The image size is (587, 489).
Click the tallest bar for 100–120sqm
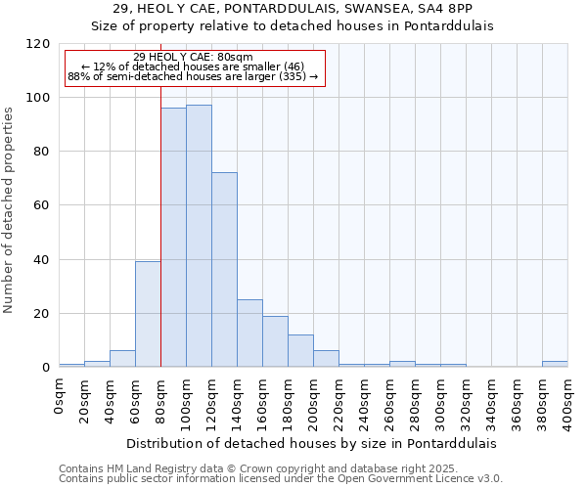[199, 236]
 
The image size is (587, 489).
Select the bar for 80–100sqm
[173, 238]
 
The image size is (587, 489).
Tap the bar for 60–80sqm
[148, 314]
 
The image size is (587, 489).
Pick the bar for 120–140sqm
[224, 270]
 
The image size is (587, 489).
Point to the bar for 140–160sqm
[249, 333]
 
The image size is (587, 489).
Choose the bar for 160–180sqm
[275, 341]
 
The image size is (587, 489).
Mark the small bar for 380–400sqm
[555, 364]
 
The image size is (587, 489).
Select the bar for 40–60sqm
[122, 359]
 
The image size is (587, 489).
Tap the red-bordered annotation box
[194, 67]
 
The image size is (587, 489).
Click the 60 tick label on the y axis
[42, 205]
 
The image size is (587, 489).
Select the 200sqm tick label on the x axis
[313, 402]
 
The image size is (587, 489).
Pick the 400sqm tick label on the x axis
[567, 402]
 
